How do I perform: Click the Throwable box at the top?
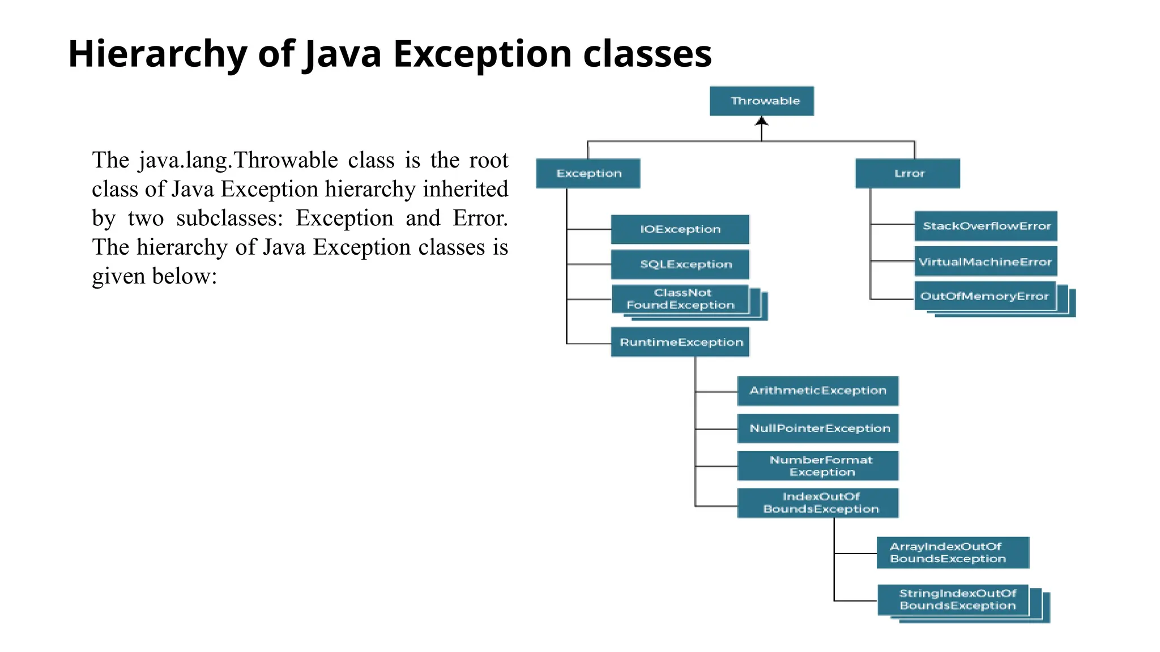pos(761,101)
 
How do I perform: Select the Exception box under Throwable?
pos(588,173)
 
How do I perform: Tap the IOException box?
pos(680,229)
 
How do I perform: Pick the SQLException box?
pos(680,264)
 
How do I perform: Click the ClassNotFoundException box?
pos(680,299)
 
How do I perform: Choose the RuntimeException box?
pos(680,342)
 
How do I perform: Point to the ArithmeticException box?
pos(817,391)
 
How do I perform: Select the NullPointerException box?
pos(817,428)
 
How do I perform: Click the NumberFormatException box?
pos(817,466)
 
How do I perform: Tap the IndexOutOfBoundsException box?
pos(817,503)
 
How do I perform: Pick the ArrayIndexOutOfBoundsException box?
pos(953,552)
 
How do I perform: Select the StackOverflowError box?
pos(986,226)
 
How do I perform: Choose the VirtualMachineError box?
pos(986,261)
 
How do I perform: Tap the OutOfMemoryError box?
pos(985,296)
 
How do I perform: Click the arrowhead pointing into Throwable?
pos(761,121)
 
